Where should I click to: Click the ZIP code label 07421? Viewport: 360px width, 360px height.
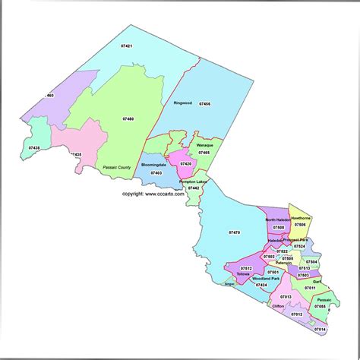point(128,47)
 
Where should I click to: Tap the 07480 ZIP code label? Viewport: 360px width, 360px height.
point(128,118)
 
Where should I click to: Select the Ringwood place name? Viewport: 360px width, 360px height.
point(182,102)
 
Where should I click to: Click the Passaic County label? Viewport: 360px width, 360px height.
point(118,166)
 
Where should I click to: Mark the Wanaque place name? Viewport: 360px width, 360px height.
point(204,144)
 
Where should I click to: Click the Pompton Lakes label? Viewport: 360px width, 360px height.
point(194,182)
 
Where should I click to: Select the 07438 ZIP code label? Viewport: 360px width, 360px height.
point(35,147)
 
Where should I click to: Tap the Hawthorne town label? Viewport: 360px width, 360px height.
point(301,216)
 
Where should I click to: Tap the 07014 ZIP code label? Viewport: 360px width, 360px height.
point(319,329)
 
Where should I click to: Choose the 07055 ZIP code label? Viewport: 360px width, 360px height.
point(320,306)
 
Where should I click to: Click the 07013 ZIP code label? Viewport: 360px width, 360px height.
point(285,296)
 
